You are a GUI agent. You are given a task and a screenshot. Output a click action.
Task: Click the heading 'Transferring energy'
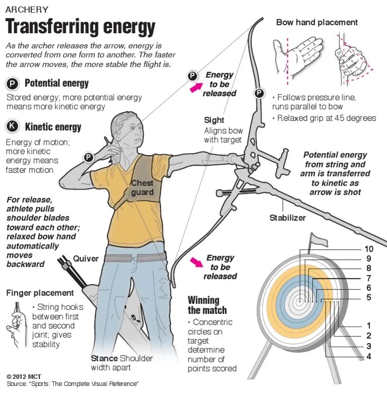click(x=80, y=27)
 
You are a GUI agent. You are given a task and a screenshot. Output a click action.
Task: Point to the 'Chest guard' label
click(x=142, y=188)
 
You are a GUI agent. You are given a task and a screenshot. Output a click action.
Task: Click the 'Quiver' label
click(x=86, y=259)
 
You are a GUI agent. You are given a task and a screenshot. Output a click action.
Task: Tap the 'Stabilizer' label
click(x=288, y=218)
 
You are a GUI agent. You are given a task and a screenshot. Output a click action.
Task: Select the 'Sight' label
click(x=214, y=120)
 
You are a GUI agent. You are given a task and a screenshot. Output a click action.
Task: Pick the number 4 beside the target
click(x=369, y=357)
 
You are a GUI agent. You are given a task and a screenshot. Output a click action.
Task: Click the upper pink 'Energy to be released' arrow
click(x=194, y=88)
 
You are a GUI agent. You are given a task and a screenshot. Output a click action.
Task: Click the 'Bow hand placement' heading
click(x=317, y=23)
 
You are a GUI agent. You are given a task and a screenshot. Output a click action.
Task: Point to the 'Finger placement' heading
click(x=40, y=293)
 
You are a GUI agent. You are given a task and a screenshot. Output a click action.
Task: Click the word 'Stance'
click(x=104, y=358)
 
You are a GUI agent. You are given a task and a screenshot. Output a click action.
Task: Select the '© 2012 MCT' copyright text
click(x=25, y=376)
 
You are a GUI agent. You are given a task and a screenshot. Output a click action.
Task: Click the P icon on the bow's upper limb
click(x=259, y=93)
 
